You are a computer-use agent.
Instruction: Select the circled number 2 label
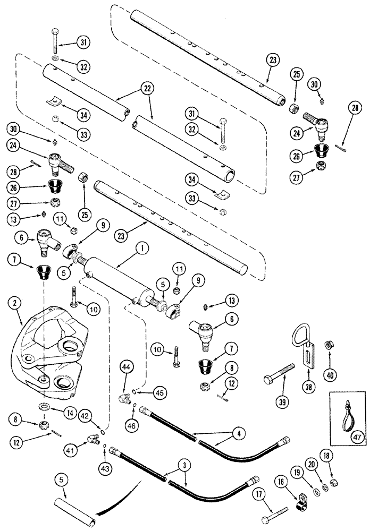pyautogui.click(x=14, y=303)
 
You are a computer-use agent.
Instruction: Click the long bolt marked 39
pyautogui.click(x=279, y=373)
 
